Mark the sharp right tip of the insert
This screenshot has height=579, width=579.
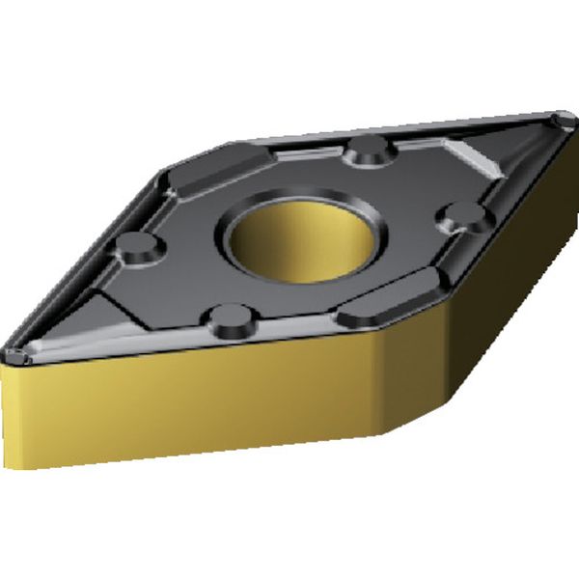click(565, 118)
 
